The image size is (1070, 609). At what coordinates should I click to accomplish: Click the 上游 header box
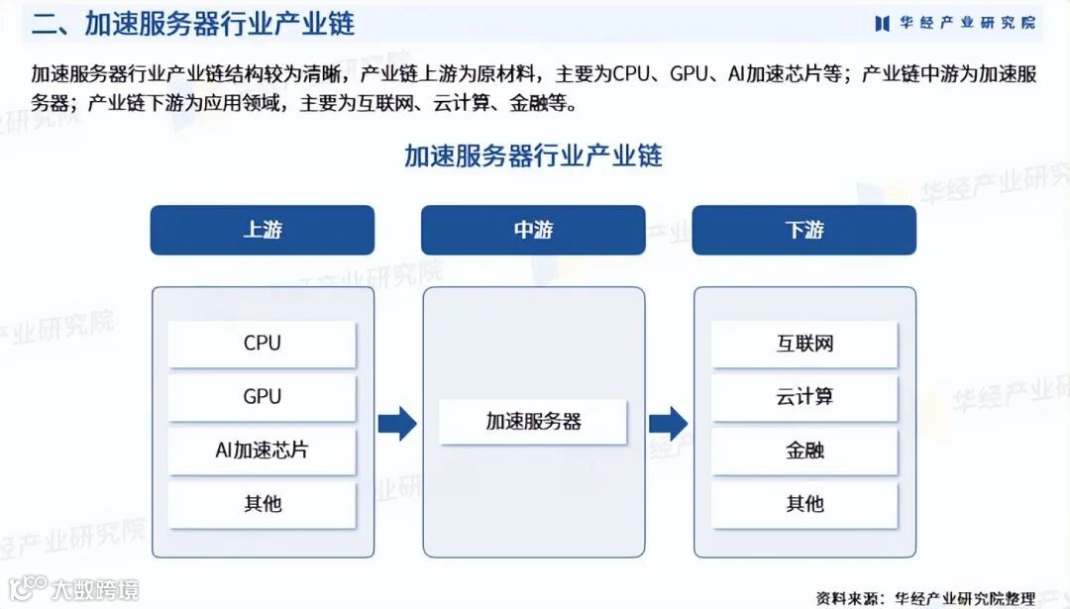click(263, 230)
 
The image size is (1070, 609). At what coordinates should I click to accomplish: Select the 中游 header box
click(533, 230)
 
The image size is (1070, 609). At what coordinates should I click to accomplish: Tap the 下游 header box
click(803, 230)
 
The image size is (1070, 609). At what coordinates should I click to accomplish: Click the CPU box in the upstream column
click(263, 344)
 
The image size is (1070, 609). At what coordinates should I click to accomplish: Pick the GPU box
click(263, 397)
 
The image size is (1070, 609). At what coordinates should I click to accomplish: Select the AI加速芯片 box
click(263, 451)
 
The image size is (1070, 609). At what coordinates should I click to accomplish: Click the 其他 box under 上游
click(263, 504)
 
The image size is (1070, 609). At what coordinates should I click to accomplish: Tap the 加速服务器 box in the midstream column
click(533, 422)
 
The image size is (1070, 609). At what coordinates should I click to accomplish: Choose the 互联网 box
click(803, 344)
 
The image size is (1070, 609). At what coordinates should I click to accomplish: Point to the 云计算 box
click(803, 397)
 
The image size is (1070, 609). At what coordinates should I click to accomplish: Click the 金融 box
click(803, 451)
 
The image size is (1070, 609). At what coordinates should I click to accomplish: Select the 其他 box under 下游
click(803, 504)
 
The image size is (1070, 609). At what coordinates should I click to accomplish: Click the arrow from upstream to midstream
click(397, 423)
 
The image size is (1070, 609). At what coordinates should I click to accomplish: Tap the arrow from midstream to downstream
click(668, 423)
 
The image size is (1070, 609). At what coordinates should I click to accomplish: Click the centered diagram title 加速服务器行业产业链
click(533, 156)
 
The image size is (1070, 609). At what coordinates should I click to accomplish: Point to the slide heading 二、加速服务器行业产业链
click(193, 24)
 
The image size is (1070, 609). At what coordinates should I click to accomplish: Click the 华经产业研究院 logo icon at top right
click(881, 23)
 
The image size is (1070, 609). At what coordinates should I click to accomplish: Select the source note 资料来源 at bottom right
click(925, 597)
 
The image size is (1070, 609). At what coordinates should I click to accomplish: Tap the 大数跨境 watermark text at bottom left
click(95, 590)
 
